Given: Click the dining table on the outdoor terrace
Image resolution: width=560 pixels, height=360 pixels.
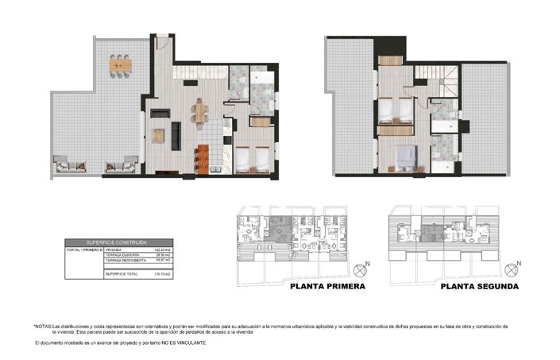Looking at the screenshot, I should tap(122, 63).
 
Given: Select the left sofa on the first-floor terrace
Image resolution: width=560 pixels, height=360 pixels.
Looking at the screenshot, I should tap(70, 166).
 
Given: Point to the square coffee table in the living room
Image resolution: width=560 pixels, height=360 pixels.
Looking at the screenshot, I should tap(159, 136).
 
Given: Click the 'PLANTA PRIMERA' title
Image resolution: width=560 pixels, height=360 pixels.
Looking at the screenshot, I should tap(327, 287).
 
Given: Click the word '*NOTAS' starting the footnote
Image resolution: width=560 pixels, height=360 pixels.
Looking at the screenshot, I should tap(41, 327).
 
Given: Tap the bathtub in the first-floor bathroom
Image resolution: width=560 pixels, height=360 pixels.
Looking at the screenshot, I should tap(262, 79).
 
